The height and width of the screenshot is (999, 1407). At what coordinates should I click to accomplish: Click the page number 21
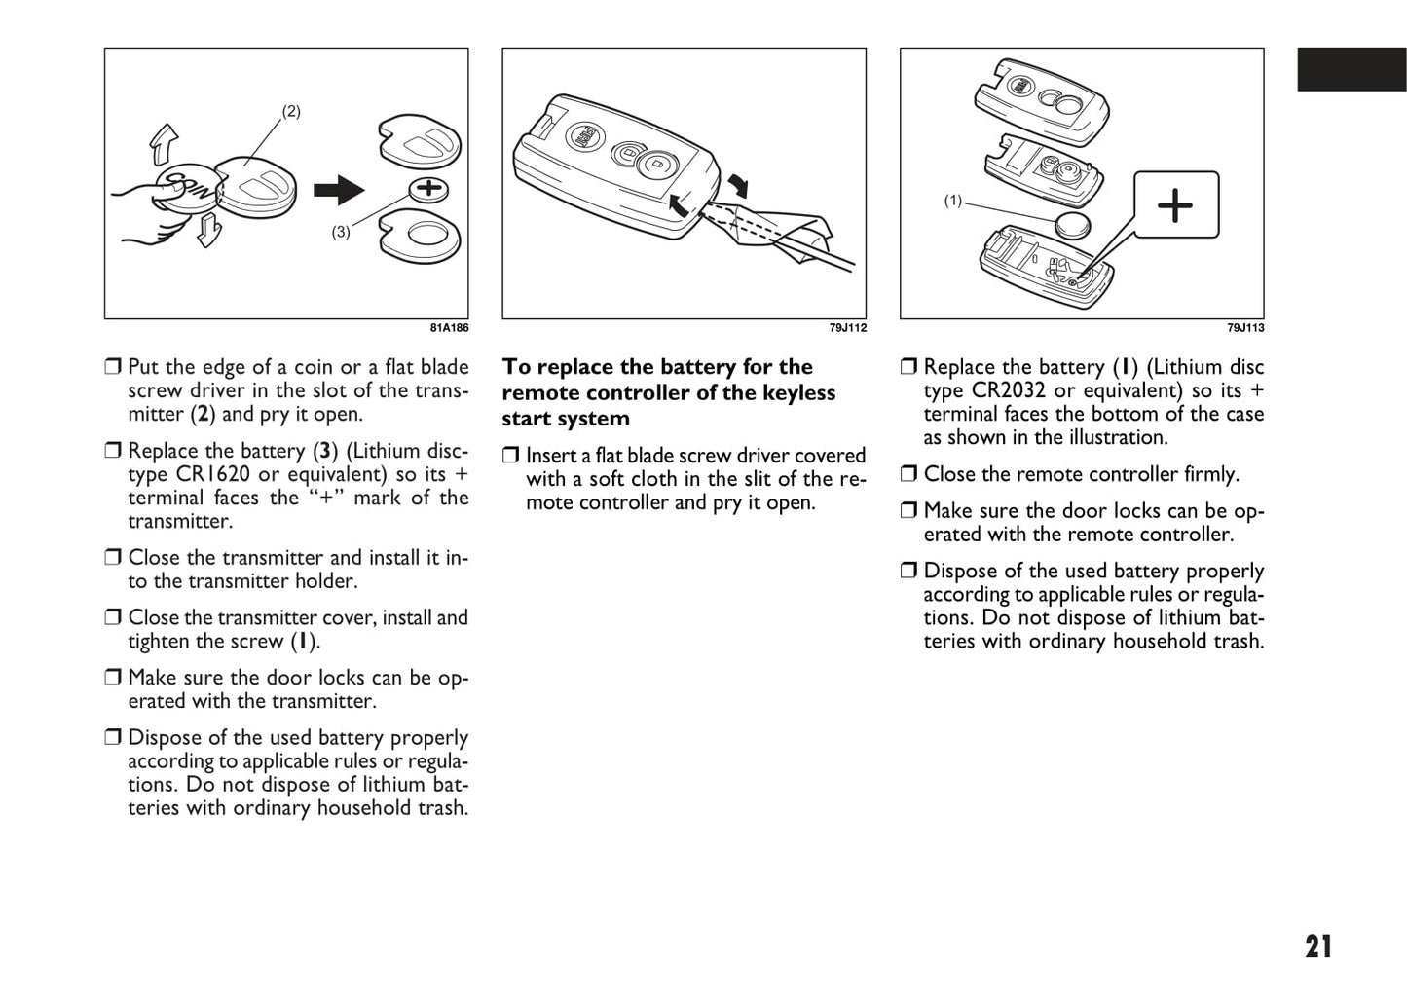click(1318, 946)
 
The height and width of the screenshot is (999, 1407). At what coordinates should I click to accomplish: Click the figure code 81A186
click(449, 328)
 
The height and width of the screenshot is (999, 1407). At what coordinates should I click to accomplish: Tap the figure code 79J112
click(847, 328)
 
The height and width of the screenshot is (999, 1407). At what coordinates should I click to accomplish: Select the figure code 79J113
click(1245, 328)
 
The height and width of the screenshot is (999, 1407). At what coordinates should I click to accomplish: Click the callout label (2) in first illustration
click(291, 111)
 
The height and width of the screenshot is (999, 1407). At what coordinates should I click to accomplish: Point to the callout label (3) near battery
click(341, 232)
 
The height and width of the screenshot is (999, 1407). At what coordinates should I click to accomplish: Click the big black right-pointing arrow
click(338, 190)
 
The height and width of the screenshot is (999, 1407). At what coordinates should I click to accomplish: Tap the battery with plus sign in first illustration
click(428, 189)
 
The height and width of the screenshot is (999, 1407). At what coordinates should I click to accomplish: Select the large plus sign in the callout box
click(1175, 205)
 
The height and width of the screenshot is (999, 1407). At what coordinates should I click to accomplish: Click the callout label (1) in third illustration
click(953, 201)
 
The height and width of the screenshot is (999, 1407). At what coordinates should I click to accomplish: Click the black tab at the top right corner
click(1351, 69)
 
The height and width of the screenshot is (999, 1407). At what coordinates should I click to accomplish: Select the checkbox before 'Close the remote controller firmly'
click(908, 474)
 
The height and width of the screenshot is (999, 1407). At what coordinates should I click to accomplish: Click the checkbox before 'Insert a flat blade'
click(511, 456)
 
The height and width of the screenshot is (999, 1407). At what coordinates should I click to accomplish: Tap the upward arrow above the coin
click(165, 144)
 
